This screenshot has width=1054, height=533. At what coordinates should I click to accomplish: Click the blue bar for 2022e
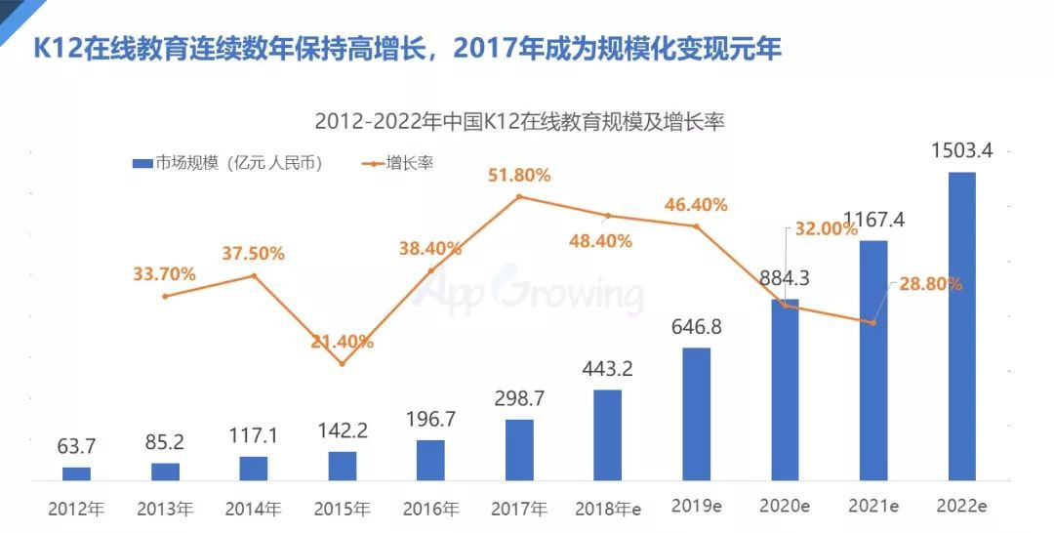(x=961, y=326)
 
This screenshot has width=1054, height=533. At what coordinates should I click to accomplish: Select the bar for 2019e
(x=696, y=414)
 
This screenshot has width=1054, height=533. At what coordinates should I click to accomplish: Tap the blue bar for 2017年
(x=519, y=450)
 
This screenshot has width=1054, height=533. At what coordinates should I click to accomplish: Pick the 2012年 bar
(x=76, y=473)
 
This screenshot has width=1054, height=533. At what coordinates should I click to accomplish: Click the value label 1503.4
(x=962, y=151)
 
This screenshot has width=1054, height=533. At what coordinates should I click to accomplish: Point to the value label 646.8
(x=696, y=326)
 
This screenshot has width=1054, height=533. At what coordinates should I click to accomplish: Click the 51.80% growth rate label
(x=520, y=176)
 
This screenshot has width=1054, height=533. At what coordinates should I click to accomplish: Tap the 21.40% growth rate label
(x=343, y=342)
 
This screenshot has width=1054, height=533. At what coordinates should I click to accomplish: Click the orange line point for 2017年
(x=519, y=196)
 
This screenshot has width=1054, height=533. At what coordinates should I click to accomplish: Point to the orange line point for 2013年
(x=165, y=296)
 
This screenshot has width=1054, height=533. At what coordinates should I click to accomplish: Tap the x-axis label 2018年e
(x=607, y=509)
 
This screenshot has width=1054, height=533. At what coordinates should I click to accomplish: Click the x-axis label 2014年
(x=253, y=509)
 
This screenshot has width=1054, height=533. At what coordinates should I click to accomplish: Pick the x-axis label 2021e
(x=873, y=508)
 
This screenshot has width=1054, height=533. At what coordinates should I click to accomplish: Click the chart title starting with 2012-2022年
(x=520, y=124)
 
